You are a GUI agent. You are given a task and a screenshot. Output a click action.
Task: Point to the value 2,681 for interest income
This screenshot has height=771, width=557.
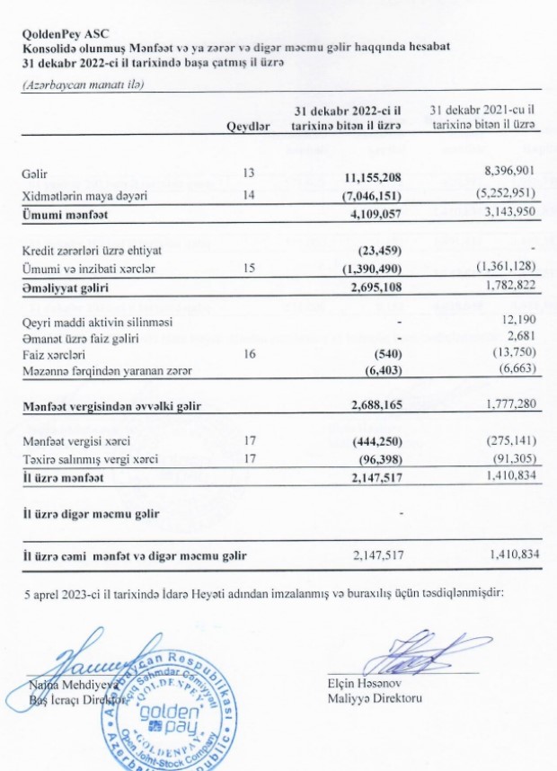[x=526, y=338]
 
